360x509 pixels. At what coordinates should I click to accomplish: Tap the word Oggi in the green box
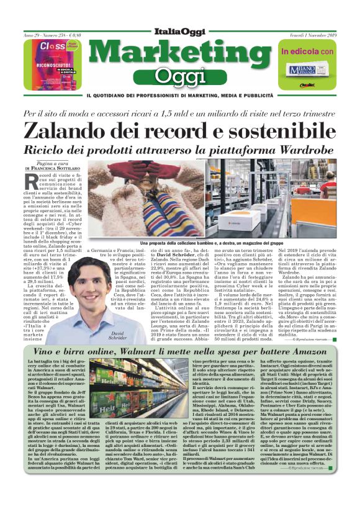179,76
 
